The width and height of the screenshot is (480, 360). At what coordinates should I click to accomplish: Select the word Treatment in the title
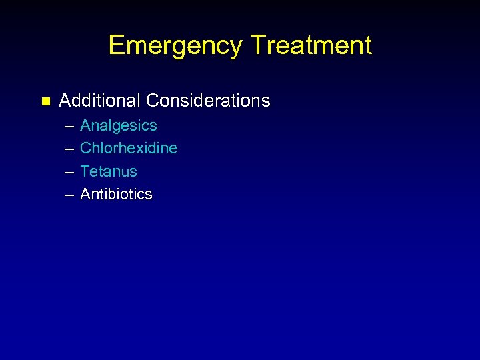[311, 45]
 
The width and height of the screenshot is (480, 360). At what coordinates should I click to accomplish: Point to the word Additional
[100, 101]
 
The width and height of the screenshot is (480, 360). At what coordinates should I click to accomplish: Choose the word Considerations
[208, 101]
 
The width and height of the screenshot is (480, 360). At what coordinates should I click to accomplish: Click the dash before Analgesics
[69, 126]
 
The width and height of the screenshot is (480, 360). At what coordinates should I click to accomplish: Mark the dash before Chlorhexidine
[69, 149]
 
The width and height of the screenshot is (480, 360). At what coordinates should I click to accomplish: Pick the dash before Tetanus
[69, 172]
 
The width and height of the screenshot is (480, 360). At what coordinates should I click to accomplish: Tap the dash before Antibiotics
[69, 195]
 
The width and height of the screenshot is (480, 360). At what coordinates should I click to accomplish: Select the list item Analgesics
[119, 125]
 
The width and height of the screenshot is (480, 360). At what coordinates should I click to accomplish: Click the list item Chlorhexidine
[129, 148]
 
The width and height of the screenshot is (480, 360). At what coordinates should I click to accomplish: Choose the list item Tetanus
[109, 171]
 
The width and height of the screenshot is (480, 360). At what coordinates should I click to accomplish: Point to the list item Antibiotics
[116, 194]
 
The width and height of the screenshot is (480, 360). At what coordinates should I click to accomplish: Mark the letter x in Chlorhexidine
[140, 149]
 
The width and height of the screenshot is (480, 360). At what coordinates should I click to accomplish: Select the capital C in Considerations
[152, 101]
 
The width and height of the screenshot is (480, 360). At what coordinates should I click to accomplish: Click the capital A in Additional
[65, 101]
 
